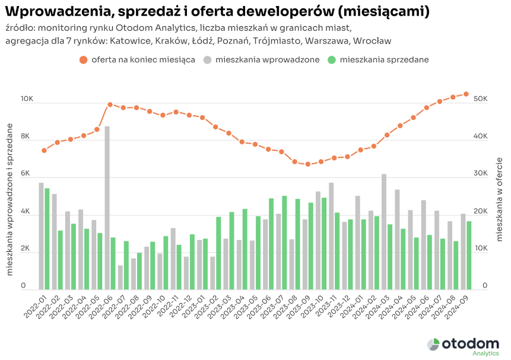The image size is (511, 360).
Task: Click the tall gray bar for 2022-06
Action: coord(107,208)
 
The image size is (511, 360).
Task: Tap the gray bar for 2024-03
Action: coord(384,232)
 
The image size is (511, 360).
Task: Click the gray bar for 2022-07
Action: coord(120,277)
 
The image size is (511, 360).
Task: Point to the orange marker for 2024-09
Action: coord(466,94)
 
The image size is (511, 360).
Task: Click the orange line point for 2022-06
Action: coord(110,105)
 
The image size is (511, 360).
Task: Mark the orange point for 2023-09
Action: coord(307,164)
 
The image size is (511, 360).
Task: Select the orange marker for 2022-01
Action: coord(44,150)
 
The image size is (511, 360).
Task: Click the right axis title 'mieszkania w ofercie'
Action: coord(499,199)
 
